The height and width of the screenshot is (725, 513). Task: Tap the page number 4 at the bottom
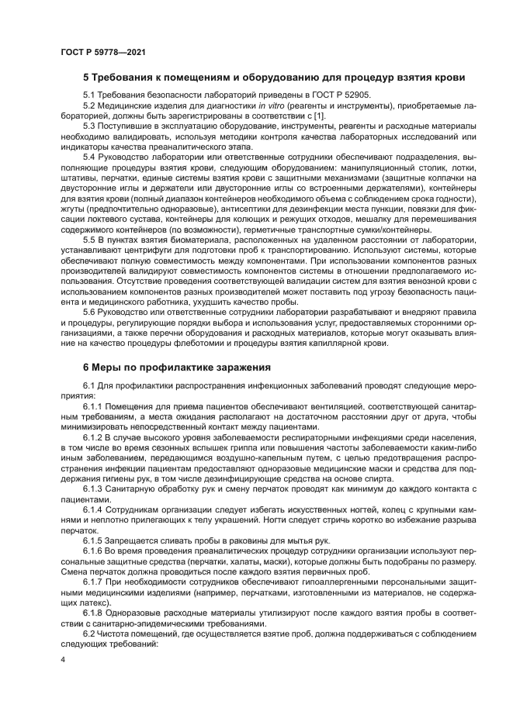pyautogui.click(x=63, y=659)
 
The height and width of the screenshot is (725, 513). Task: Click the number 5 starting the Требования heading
pyautogui.click(x=86, y=78)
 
